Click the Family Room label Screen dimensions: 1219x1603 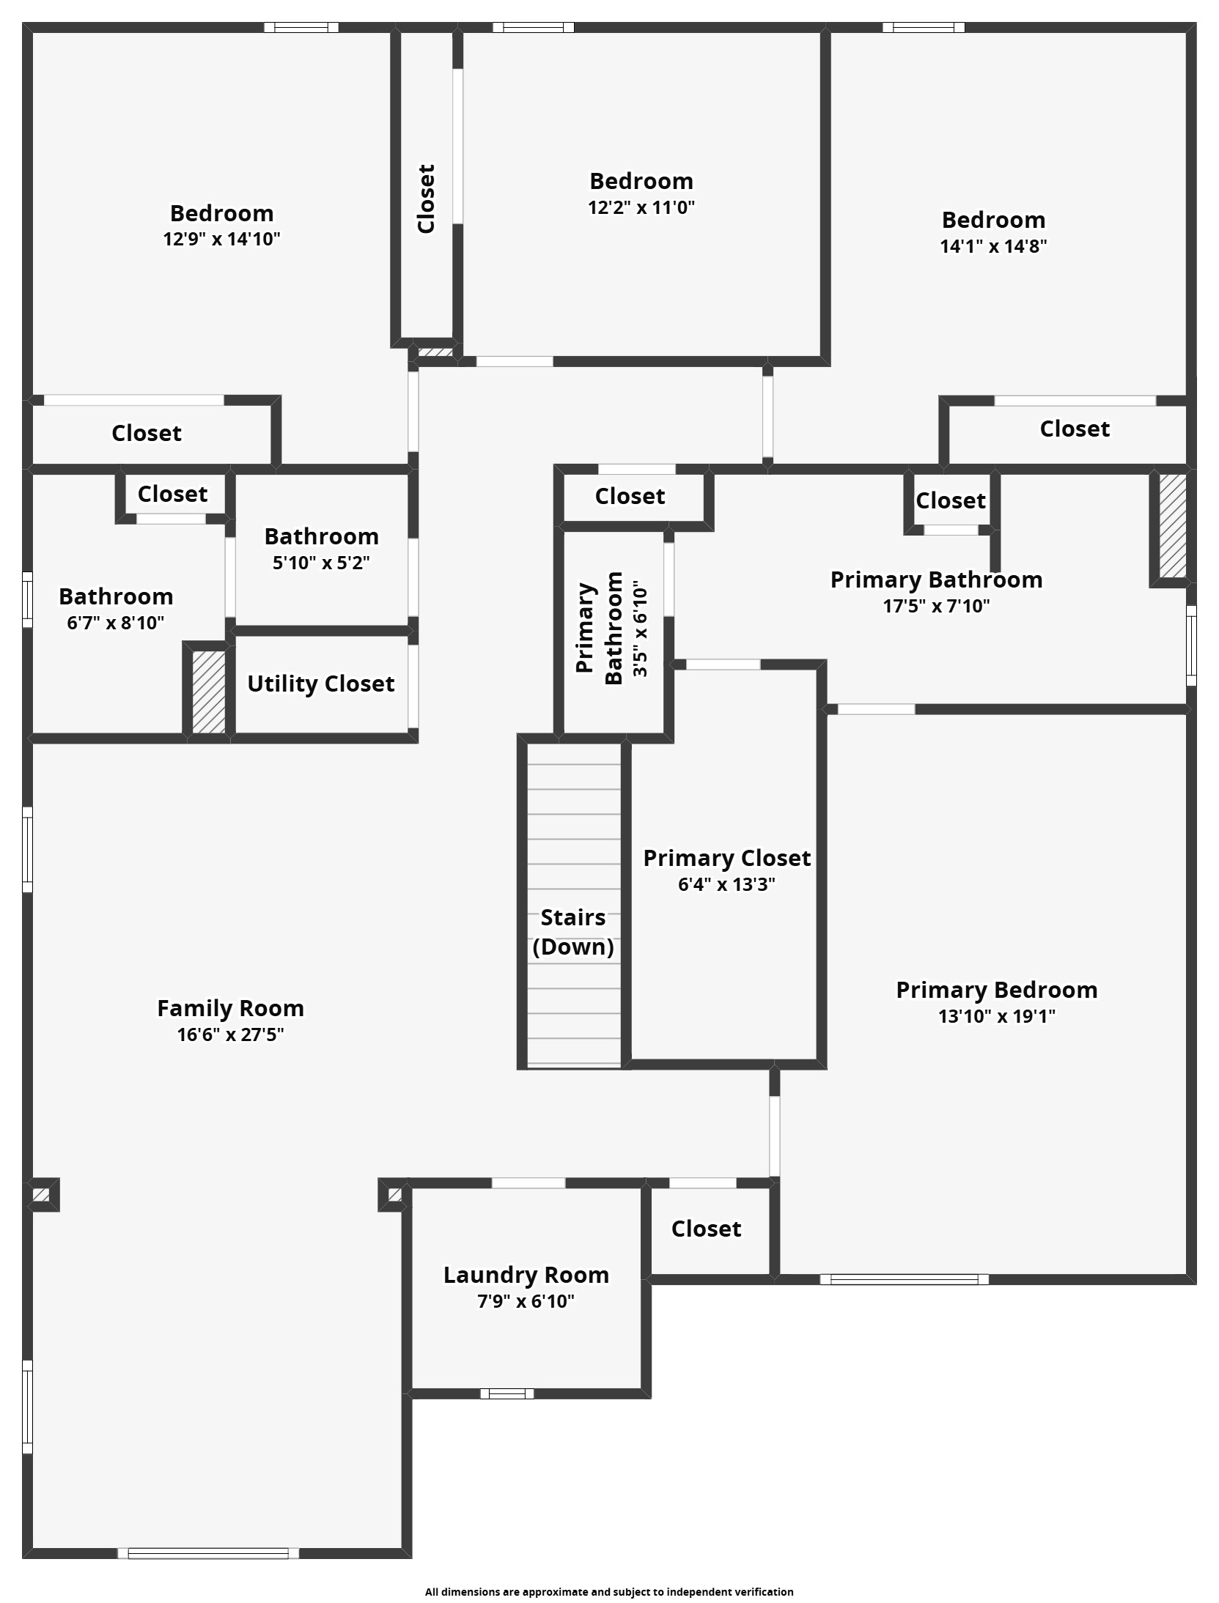pos(230,1009)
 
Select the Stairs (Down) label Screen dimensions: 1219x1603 pos(573,932)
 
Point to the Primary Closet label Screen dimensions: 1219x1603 pos(726,858)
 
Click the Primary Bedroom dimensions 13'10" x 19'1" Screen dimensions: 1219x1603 pos(997,1016)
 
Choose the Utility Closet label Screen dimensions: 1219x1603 pos(320,684)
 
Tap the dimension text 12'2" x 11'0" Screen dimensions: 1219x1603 pos(641,207)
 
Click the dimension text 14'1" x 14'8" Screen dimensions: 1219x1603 pos(993,246)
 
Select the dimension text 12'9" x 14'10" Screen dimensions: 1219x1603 pos(221,239)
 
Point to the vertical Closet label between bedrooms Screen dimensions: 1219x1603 pos(426,199)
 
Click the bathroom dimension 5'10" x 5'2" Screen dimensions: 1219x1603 pos(321,563)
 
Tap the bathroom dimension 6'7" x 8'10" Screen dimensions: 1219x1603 pos(116,623)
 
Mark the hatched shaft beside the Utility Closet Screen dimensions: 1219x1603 pos(209,692)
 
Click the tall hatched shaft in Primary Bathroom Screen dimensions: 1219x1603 pos(1172,526)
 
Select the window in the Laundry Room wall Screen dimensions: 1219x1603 pos(507,1393)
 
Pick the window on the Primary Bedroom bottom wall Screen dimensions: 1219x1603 pos(904,1279)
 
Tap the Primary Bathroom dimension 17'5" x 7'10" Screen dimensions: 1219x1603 pos(936,606)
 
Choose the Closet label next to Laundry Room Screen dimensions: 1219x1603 pos(706,1229)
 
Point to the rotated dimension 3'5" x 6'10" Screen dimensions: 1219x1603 pos(641,629)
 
